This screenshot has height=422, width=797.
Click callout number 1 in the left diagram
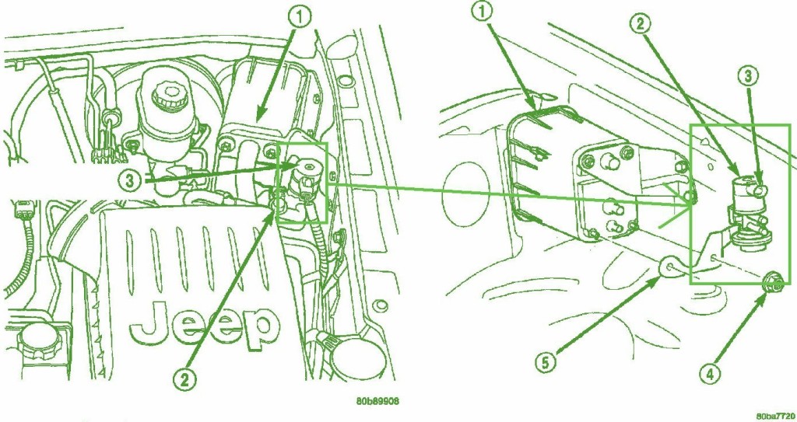(300, 19)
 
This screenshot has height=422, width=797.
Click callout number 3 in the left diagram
(131, 180)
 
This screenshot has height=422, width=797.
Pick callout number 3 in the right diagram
(748, 77)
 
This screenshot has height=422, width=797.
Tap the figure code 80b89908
(377, 401)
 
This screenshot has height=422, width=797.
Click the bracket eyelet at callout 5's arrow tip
(669, 266)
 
